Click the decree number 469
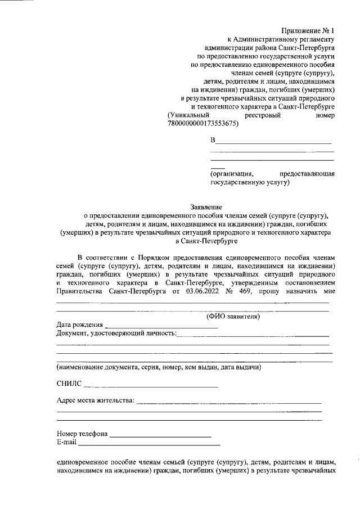coord(246,291)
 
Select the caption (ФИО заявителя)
coord(232,317)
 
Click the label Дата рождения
coord(79,325)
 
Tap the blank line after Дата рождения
coord(146,327)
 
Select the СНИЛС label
coord(69,384)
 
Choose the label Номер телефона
coord(82,434)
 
